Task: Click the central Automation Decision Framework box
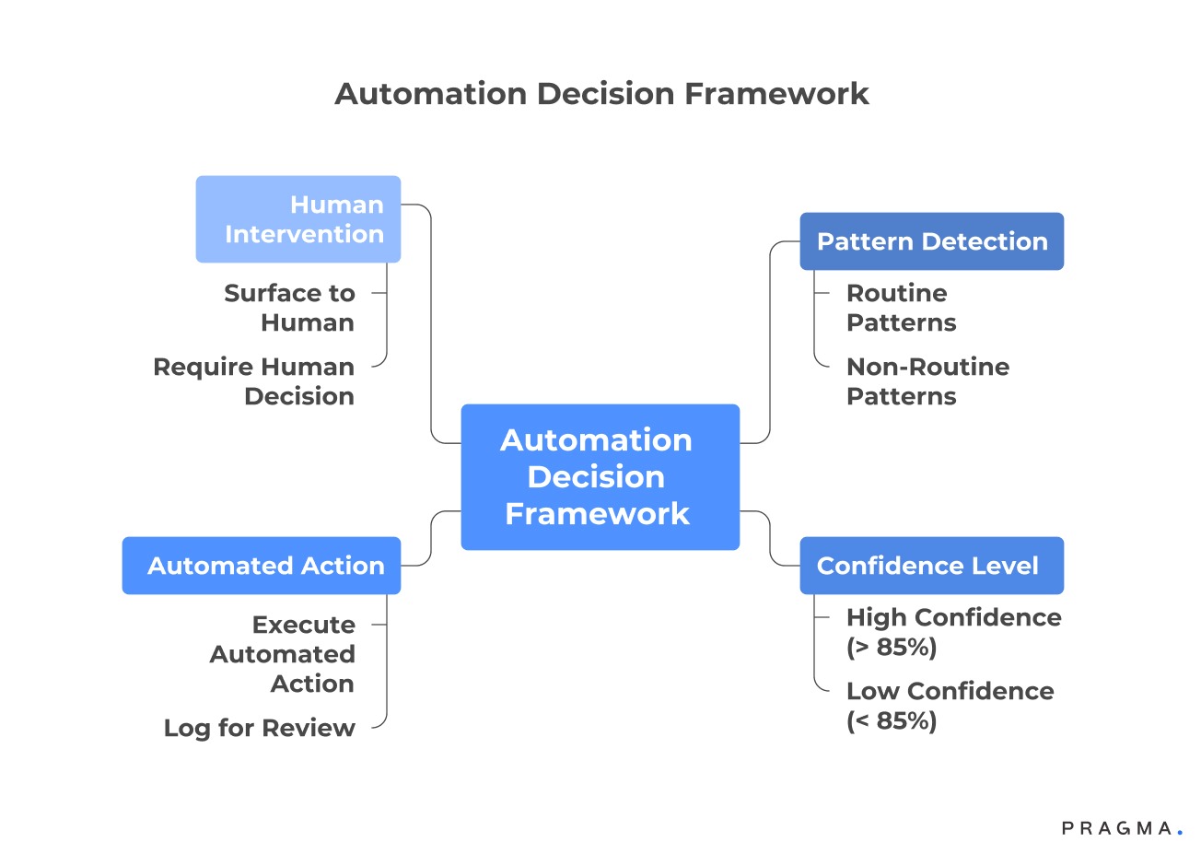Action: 600,476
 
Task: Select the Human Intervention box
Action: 297,219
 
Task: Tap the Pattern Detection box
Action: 931,241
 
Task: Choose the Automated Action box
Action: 262,566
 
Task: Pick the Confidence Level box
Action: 931,566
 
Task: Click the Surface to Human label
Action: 289,308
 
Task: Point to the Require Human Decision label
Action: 254,381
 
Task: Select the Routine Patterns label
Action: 901,308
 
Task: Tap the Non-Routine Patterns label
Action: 927,381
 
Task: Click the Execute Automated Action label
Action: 282,654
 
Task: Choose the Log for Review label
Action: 259,728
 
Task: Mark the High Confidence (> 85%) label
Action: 952,632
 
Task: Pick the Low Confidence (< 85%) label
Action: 949,706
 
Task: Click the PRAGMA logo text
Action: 1116,828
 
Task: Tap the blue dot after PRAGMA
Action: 1180,833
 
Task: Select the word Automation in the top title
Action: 430,93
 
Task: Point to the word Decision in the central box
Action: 596,476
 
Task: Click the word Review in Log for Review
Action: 309,728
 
